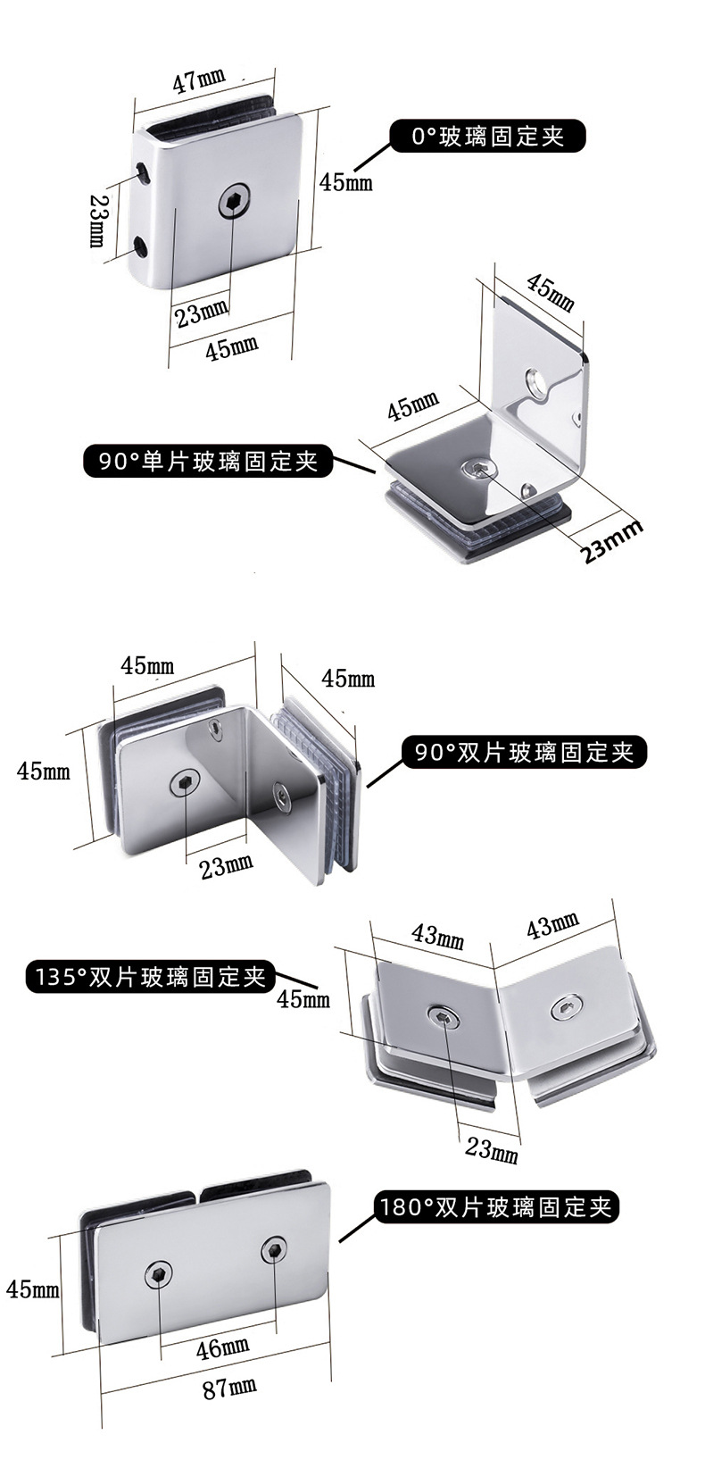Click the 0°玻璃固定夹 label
point(488,137)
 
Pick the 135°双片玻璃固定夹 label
point(149,976)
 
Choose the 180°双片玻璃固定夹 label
point(497,1208)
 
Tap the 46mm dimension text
point(222,1346)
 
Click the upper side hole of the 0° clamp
point(143,170)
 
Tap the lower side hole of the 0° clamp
point(142,246)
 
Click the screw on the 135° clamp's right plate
point(567,1009)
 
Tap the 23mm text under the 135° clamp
point(492,1149)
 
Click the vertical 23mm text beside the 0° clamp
point(97,221)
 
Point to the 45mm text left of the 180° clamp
point(32,1289)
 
